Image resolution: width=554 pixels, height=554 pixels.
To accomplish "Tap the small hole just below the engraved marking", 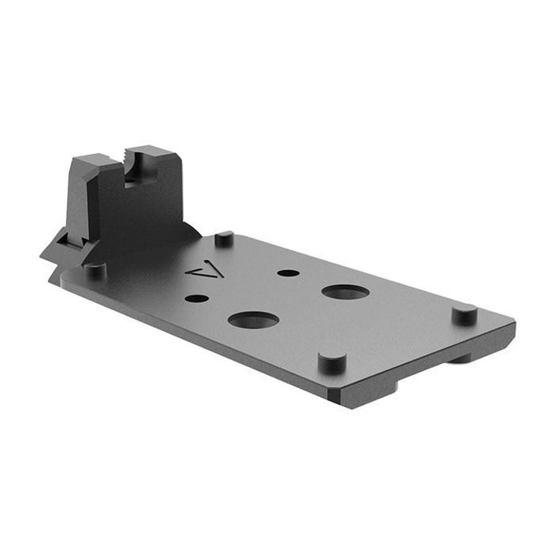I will [196, 298].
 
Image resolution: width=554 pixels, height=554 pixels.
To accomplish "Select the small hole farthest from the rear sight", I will [287, 272].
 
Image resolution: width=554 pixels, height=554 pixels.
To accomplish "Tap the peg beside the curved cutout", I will [223, 238].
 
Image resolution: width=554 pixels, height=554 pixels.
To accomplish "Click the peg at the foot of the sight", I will [94, 269].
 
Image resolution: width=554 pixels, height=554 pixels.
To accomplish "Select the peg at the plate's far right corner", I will [463, 313].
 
